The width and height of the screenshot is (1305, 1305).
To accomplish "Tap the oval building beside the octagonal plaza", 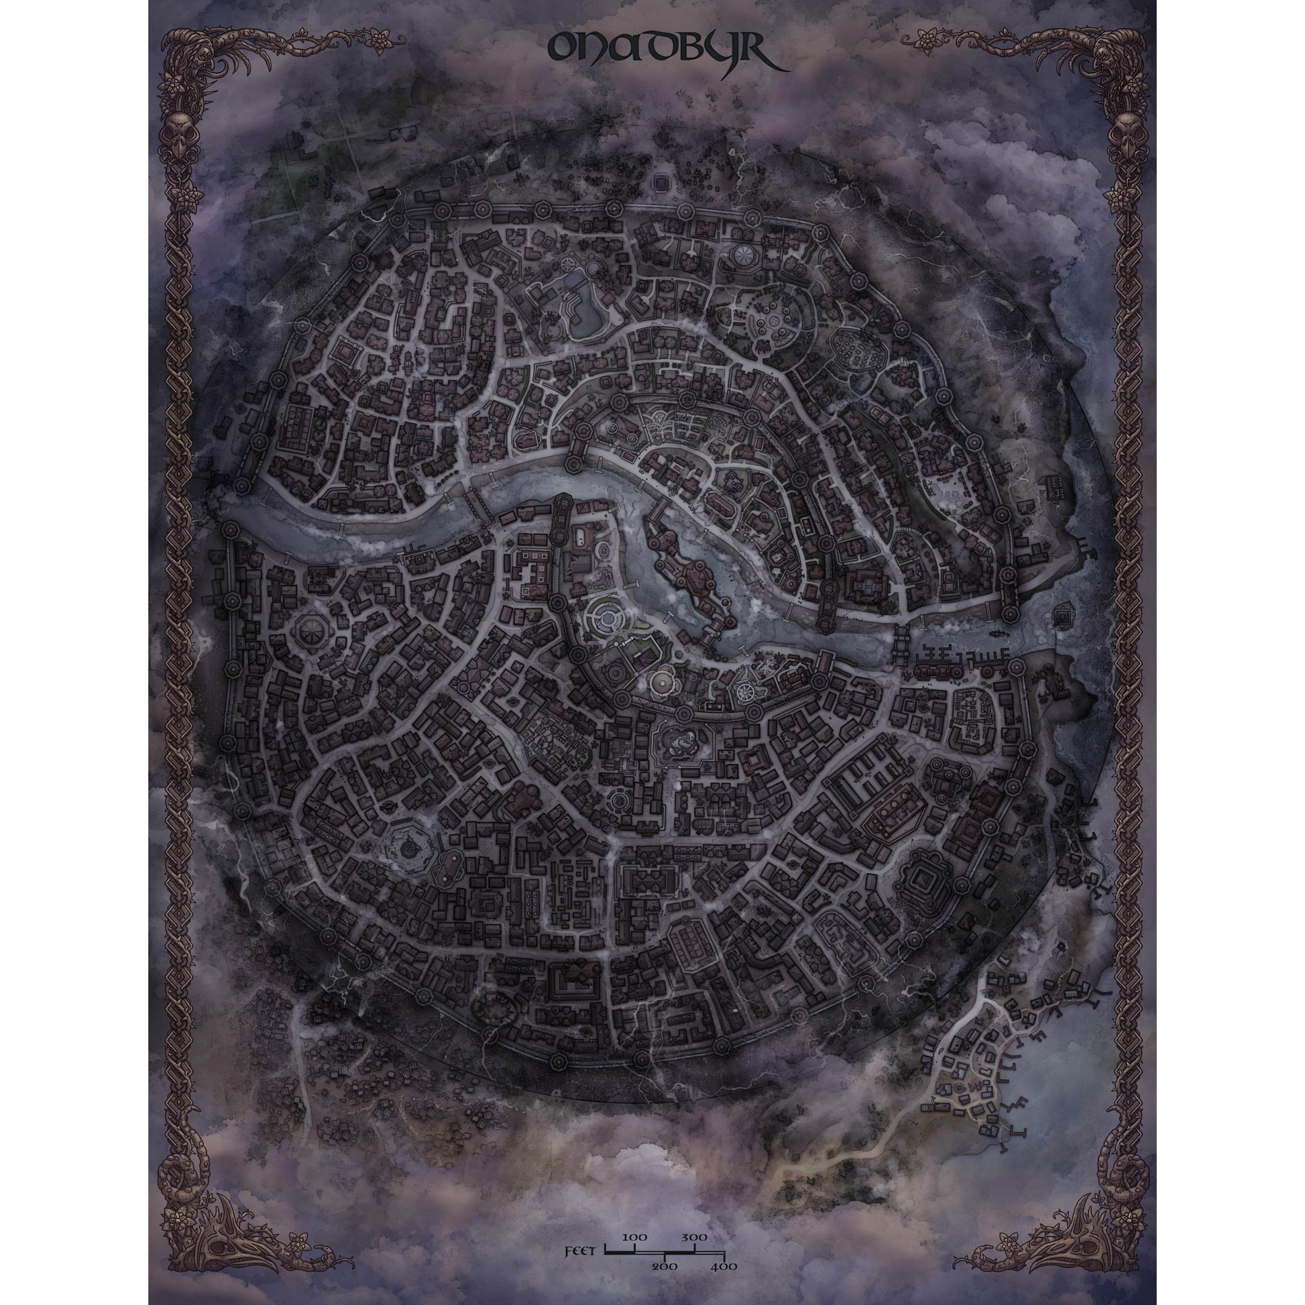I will point(449,864).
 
